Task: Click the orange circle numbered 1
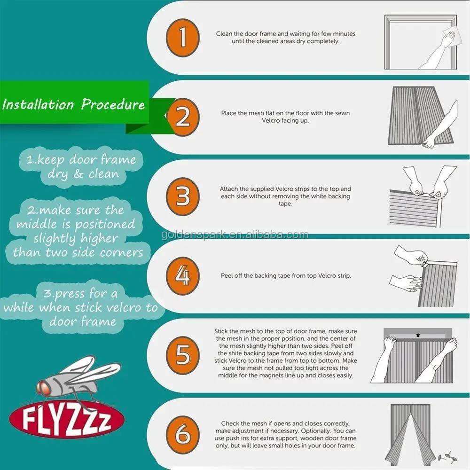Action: coord(182,38)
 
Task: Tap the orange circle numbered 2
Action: coord(182,117)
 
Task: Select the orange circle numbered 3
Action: coord(182,196)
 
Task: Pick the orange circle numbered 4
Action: coord(182,276)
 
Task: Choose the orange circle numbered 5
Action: coord(182,355)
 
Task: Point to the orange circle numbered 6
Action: coord(182,435)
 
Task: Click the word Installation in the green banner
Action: coord(38,104)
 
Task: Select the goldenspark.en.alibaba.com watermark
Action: coord(235,235)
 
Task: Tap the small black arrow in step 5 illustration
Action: coord(418,335)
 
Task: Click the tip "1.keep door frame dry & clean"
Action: coord(81,167)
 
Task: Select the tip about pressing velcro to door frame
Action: coord(81,307)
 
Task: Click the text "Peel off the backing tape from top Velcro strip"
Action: coord(286,276)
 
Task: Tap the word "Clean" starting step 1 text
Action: coord(224,34)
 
